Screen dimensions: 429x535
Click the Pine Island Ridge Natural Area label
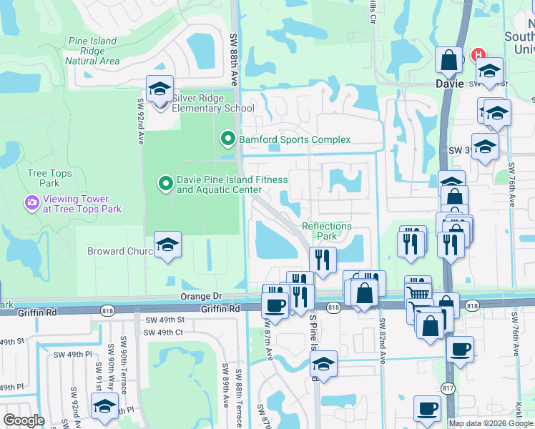click(x=92, y=51)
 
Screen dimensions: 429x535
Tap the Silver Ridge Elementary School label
click(x=202, y=103)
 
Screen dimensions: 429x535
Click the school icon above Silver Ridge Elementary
click(x=159, y=89)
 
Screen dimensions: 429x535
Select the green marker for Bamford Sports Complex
click(x=227, y=139)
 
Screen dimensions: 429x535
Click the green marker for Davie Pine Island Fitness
click(x=165, y=184)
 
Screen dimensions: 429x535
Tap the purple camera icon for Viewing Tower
click(x=31, y=204)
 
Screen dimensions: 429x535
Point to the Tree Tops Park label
click(x=47, y=178)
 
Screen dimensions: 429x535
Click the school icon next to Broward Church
click(x=167, y=245)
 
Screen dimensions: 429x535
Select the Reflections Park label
click(x=327, y=231)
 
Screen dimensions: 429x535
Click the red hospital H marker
click(x=478, y=55)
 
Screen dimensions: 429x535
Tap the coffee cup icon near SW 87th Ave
click(x=275, y=305)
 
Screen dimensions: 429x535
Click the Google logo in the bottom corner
click(x=24, y=420)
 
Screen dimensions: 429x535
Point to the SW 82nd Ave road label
click(x=383, y=342)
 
